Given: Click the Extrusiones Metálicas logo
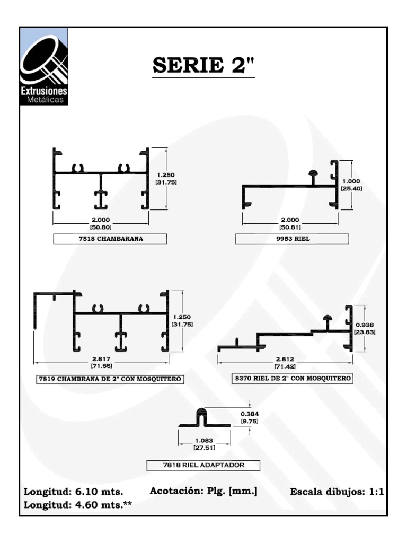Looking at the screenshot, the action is pyautogui.click(x=44, y=66).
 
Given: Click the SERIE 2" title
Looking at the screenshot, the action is pyautogui.click(x=203, y=65).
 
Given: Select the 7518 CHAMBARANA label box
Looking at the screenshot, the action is pyautogui.click(x=110, y=239).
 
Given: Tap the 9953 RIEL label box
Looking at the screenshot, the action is pyautogui.click(x=292, y=239).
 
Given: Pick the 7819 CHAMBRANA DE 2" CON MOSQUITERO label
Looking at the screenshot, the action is pyautogui.click(x=110, y=379).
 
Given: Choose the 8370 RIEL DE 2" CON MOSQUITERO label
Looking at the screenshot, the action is pyautogui.click(x=293, y=378).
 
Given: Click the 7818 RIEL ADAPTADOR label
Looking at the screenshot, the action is pyautogui.click(x=203, y=465).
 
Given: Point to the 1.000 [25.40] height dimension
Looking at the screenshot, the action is pyautogui.click(x=352, y=185).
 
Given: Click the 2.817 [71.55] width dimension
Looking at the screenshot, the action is pyautogui.click(x=101, y=362).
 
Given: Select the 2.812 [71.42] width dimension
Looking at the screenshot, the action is pyautogui.click(x=285, y=363).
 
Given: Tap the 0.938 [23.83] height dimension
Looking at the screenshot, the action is pyautogui.click(x=365, y=328).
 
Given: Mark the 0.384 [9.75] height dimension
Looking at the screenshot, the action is pyautogui.click(x=250, y=417).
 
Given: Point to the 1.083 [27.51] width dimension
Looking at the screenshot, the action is pyautogui.click(x=204, y=444).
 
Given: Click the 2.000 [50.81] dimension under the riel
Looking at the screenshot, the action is pyautogui.click(x=290, y=223).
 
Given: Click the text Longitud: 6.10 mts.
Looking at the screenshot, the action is pyautogui.click(x=73, y=492).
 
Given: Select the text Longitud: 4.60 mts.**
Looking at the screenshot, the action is pyautogui.click(x=77, y=505).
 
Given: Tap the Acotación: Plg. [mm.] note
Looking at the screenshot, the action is pyautogui.click(x=203, y=491).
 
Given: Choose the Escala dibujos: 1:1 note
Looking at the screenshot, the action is pyautogui.click(x=337, y=492).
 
